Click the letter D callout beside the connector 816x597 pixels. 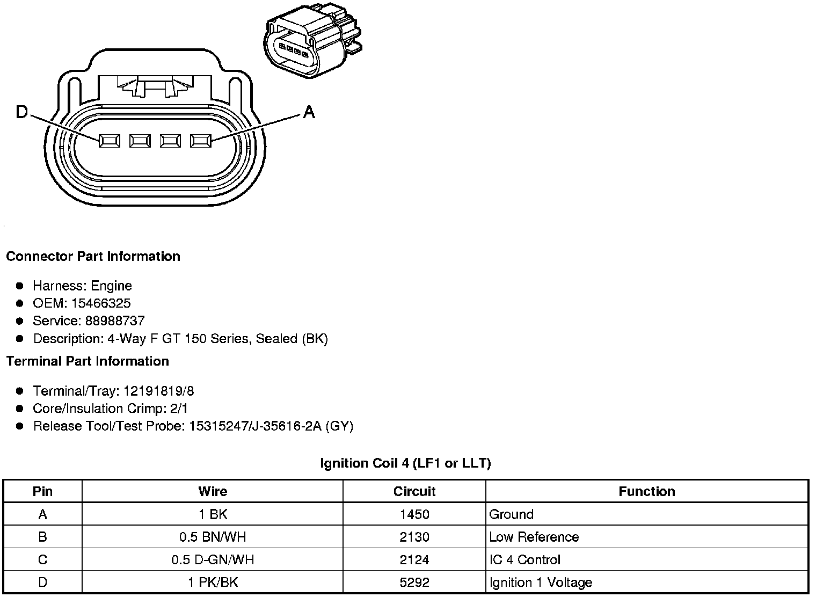coord(21,112)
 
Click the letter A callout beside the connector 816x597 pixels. coord(309,112)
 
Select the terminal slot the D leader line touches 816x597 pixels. coord(109,141)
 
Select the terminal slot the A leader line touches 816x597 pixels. coord(201,141)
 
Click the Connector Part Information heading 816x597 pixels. coord(93,256)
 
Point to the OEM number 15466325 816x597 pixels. coord(101,303)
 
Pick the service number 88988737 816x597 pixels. coord(115,321)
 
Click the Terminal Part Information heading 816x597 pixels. coord(88,361)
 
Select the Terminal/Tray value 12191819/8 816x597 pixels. coord(158,391)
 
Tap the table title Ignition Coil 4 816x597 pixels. coord(405,463)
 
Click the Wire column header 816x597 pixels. coord(213,491)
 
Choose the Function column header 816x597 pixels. coord(646,491)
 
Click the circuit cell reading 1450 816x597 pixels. coord(414,514)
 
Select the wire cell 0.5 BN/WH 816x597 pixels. coord(213,537)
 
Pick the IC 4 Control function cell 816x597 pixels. coord(524,560)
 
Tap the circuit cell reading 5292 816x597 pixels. coord(414,583)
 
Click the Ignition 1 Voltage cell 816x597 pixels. coord(541,583)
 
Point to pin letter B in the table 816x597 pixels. coord(42,537)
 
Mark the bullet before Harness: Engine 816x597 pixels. coord(20,286)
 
